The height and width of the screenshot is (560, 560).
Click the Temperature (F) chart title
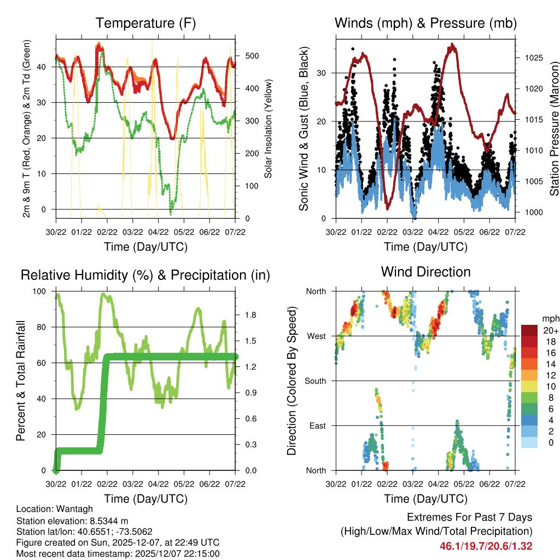(145, 24)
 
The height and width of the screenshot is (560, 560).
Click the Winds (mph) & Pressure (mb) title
(425, 24)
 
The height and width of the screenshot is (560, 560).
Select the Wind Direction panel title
(425, 272)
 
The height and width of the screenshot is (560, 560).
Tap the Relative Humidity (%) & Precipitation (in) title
(145, 275)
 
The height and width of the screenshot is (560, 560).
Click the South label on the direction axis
(316, 381)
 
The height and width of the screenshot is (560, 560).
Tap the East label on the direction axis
(318, 425)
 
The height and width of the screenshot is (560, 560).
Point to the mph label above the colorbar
(550, 318)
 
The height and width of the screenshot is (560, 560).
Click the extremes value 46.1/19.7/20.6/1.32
(486, 546)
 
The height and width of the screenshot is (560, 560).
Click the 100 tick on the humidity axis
(40, 291)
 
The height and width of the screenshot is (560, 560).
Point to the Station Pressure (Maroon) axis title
(554, 129)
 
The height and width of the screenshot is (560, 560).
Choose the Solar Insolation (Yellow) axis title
(268, 129)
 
